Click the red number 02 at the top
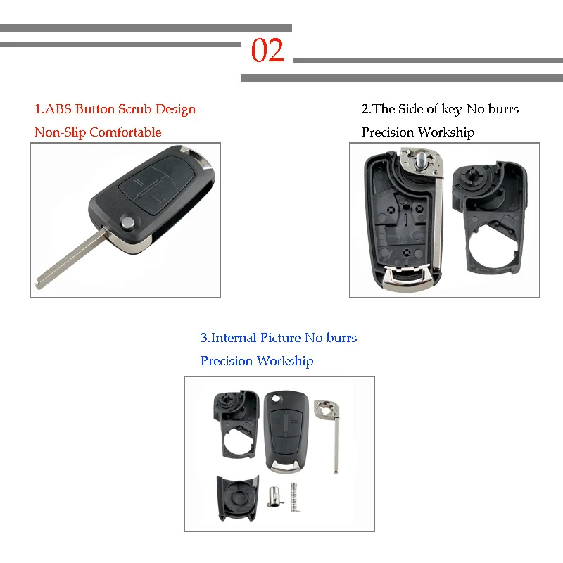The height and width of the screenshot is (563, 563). click(267, 51)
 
